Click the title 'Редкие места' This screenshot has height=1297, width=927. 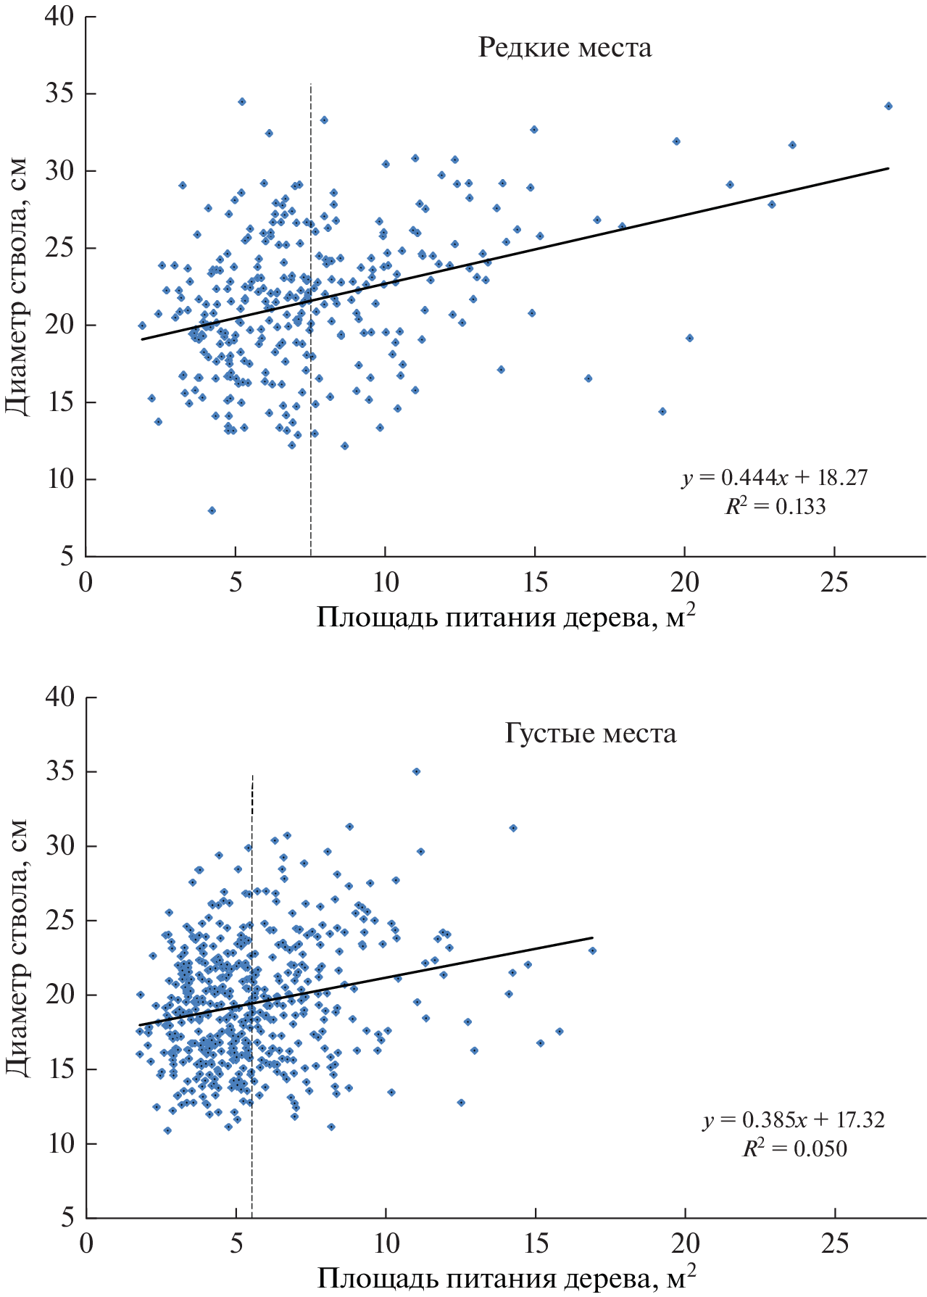(565, 48)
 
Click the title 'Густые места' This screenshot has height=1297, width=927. (590, 733)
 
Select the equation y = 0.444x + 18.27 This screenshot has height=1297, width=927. (775, 478)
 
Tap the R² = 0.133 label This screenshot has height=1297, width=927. (775, 505)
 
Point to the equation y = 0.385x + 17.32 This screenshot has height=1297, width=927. (794, 1120)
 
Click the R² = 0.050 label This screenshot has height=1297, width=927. (794, 1148)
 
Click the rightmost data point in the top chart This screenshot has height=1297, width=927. (889, 106)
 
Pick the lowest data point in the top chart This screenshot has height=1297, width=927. (212, 510)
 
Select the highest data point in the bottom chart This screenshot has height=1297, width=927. (416, 771)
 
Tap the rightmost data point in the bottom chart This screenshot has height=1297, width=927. (592, 950)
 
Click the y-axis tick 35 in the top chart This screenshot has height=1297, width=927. (60, 94)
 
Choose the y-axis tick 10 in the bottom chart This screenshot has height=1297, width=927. (60, 1144)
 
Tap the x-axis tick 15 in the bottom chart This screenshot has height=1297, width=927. (536, 1244)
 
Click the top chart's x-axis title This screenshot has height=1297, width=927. (506, 618)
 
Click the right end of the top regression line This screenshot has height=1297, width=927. (888, 168)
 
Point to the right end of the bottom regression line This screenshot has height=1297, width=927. (592, 937)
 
